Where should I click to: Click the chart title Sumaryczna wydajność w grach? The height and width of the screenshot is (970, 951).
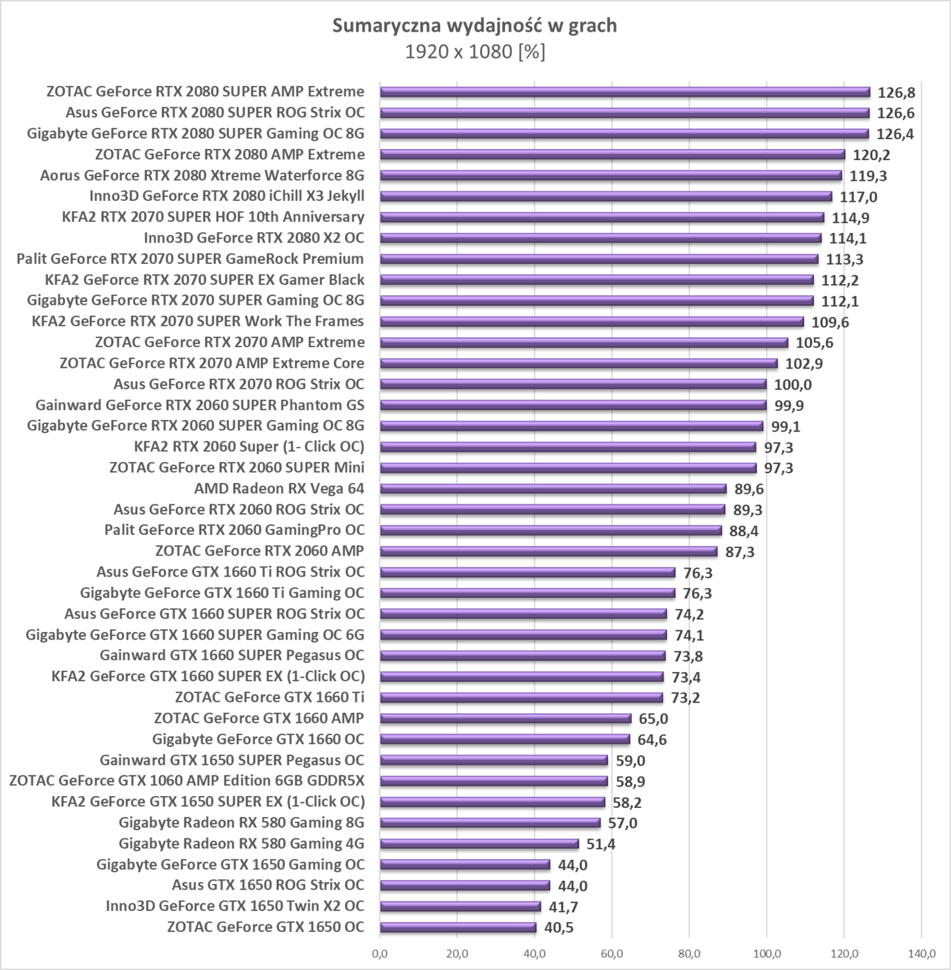coord(474,26)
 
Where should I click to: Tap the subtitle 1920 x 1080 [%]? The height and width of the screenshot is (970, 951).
coord(474,52)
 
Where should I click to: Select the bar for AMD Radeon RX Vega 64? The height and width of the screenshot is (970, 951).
coord(553,489)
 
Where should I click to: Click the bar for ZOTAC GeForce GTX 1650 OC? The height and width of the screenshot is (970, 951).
coord(458,928)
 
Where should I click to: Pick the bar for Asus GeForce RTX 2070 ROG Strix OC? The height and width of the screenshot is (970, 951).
coord(573,385)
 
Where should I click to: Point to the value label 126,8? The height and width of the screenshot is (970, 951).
coord(896,93)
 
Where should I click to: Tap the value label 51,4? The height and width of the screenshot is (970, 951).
coord(601,844)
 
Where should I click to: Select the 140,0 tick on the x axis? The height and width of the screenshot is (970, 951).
coord(921,953)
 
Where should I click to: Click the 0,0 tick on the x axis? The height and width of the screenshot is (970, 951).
coord(380,953)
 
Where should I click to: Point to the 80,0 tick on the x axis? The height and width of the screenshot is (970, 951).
coord(689,953)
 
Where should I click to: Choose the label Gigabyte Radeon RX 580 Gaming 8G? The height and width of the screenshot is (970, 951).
coord(241,822)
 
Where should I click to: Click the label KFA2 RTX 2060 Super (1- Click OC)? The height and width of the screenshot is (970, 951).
coord(249,446)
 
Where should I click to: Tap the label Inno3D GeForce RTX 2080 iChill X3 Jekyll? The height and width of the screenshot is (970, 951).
coord(226,196)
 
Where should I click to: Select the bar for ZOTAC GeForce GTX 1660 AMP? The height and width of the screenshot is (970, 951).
coord(506,718)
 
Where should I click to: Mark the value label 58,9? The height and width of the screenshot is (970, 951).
coord(630,782)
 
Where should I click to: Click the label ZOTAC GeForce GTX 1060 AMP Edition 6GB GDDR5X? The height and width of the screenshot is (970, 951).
coord(186,781)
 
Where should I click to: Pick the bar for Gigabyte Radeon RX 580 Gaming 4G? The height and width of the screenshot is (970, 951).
coord(479,844)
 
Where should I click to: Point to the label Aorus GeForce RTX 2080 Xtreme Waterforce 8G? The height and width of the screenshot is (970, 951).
coord(202,175)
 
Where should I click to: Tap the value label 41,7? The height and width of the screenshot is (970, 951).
coord(562,906)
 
